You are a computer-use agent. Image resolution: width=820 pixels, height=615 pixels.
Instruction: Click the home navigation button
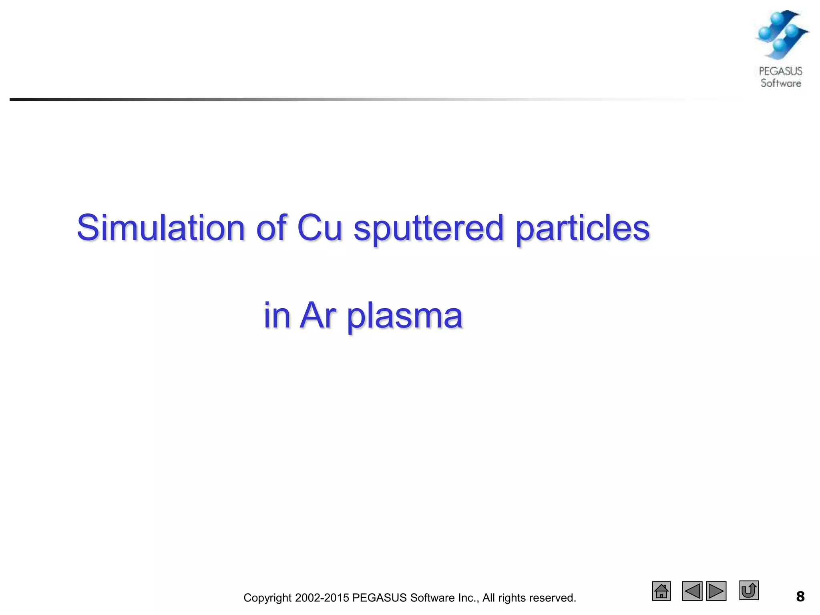(x=661, y=591)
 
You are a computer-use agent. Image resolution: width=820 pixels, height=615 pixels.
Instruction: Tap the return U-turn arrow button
(x=749, y=590)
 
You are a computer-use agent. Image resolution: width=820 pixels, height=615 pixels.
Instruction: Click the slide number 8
(x=800, y=597)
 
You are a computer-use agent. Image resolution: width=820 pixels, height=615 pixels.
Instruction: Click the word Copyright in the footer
(x=267, y=598)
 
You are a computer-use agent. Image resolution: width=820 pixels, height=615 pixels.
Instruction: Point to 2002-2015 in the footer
(x=322, y=598)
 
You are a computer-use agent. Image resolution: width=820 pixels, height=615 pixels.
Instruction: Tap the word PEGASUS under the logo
(x=780, y=71)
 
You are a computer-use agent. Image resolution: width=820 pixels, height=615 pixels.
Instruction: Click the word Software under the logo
(x=781, y=83)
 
